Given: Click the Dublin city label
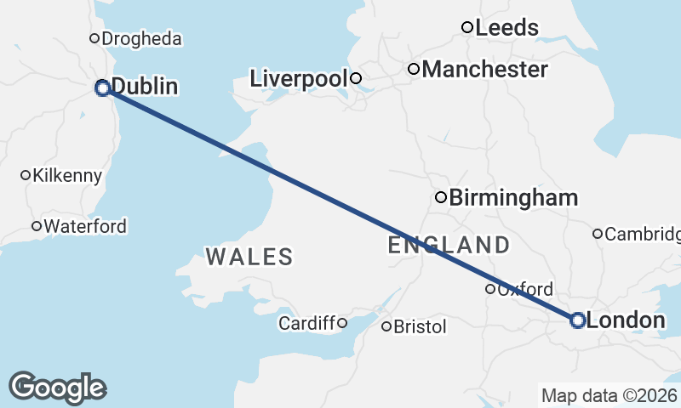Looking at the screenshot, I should pyautogui.click(x=145, y=87).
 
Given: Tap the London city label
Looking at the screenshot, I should pyautogui.click(x=626, y=320).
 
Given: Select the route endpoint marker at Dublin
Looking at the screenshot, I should pyautogui.click(x=102, y=88).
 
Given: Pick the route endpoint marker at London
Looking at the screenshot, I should pyautogui.click(x=577, y=320).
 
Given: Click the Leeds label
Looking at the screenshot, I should pyautogui.click(x=506, y=28).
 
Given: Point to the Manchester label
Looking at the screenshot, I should pyautogui.click(x=484, y=69).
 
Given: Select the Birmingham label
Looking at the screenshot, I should pyautogui.click(x=512, y=198).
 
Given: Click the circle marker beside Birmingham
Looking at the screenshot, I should pyautogui.click(x=441, y=197).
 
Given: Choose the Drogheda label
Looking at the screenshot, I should pyautogui.click(x=142, y=39).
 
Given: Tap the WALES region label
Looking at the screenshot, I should pyautogui.click(x=249, y=256).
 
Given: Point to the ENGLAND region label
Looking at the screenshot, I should pyautogui.click(x=449, y=246).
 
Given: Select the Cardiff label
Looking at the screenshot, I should pyautogui.click(x=307, y=323).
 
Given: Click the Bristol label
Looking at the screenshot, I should pyautogui.click(x=420, y=326).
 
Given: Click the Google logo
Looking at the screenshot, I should pyautogui.click(x=57, y=387).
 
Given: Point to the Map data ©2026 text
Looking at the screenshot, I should pyautogui.click(x=609, y=395).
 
